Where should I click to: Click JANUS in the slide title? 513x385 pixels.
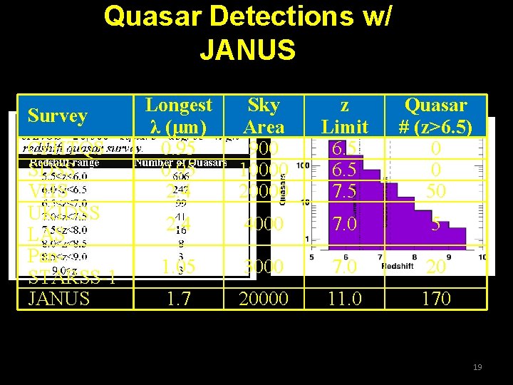coord(247,50)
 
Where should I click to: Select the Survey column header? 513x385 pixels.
coord(58,115)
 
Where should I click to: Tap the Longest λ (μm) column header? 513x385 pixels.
coord(179,115)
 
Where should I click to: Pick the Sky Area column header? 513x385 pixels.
coord(264,115)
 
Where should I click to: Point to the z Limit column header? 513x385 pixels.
coord(345,115)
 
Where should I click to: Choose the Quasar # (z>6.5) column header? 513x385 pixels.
coord(436,115)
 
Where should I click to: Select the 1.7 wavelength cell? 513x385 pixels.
coord(179,298)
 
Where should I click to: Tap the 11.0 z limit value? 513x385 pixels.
coord(345,298)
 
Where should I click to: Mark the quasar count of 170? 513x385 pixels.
coord(436,298)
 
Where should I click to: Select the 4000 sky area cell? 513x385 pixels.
coord(264,224)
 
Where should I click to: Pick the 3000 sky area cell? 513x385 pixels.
coord(264,266)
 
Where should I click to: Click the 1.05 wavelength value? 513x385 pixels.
coord(179,266)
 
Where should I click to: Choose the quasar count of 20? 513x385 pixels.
coord(436,266)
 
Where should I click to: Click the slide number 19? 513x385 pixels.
coord(477,367)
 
